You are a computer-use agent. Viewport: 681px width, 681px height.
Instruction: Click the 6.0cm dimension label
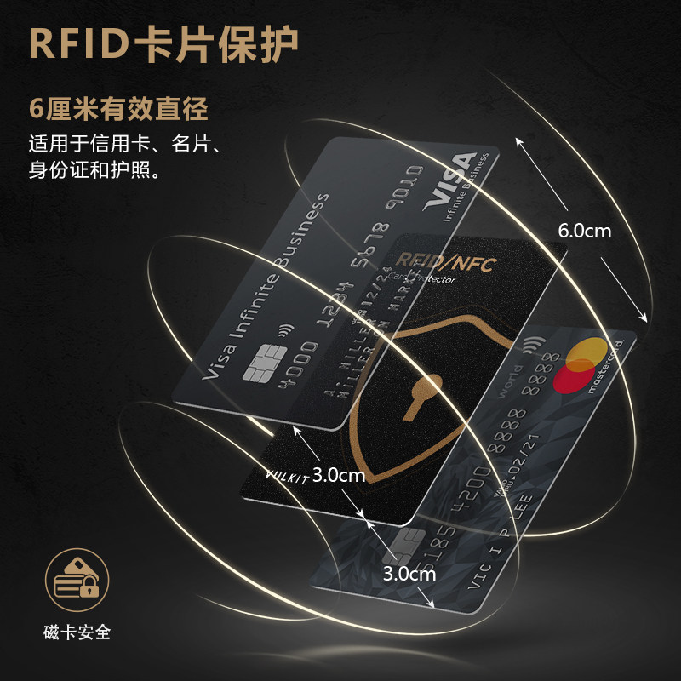coord(584,230)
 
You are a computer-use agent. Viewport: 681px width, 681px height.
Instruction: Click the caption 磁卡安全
coord(77,632)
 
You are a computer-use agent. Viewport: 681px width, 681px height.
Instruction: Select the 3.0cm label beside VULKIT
coord(338,475)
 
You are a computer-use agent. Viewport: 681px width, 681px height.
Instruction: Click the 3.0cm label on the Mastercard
coord(409,573)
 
